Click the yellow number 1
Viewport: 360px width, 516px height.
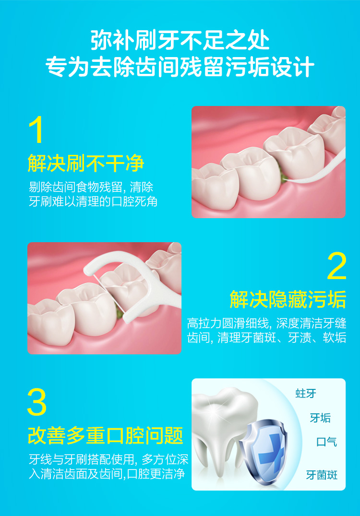tap(36, 129)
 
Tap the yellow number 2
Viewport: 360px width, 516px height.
tap(336, 266)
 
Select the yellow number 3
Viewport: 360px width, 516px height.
tap(36, 402)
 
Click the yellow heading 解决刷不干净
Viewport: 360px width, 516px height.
tap(86, 163)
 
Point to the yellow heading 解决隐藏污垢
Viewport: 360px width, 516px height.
tap(288, 299)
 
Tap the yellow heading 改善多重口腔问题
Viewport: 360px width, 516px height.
tap(106, 435)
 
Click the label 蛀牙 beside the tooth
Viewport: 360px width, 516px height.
tap(306, 393)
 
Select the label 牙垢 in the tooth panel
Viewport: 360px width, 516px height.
tap(320, 418)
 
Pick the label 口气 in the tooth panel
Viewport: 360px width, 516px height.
tap(327, 442)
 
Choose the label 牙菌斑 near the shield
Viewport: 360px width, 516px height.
tap(322, 475)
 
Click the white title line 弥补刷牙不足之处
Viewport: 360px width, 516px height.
tap(180, 41)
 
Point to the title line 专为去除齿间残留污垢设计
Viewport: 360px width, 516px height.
tap(180, 67)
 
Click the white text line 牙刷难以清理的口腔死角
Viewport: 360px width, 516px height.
tap(93, 201)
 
